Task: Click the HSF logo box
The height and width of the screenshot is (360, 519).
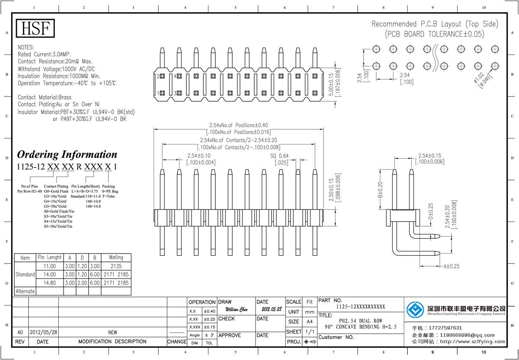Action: [x=36, y=28]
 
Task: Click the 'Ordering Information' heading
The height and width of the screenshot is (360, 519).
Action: [x=67, y=154]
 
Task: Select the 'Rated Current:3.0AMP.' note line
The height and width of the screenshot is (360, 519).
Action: [x=43, y=55]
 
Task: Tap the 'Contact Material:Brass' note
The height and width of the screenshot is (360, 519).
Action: [x=45, y=97]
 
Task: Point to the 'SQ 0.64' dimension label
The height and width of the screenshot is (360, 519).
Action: [x=279, y=156]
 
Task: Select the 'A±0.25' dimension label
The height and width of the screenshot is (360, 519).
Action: [x=452, y=266]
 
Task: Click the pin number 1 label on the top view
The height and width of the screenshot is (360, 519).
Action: [x=159, y=93]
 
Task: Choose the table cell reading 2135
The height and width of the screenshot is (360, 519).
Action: [x=116, y=266]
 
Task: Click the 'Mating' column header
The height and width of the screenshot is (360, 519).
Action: [x=116, y=257]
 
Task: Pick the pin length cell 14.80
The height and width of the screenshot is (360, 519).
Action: [x=50, y=283]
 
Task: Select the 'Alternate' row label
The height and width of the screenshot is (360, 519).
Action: [x=25, y=291]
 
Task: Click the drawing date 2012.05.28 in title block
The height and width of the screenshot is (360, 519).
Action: [x=271, y=310]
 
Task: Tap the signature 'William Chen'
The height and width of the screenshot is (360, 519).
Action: [x=237, y=310]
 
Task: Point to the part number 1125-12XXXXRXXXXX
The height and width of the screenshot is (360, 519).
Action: [x=360, y=307]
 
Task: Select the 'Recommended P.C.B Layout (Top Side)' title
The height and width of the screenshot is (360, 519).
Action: [x=435, y=24]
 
